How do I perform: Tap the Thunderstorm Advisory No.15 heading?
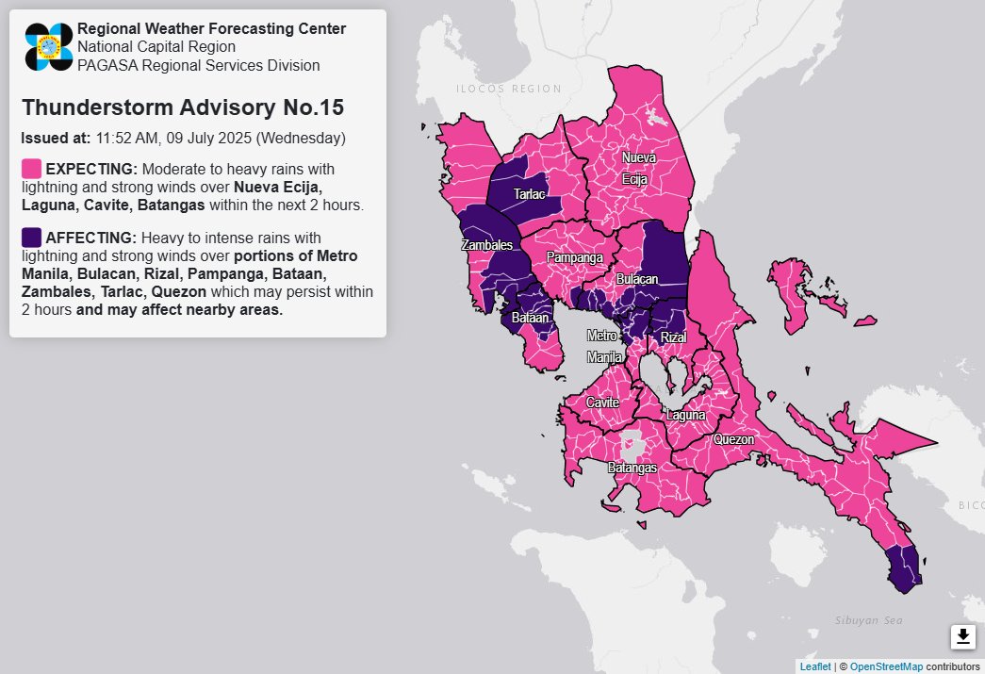182,107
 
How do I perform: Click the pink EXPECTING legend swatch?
31,169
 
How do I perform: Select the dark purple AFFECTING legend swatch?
31,236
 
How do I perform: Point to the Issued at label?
56,138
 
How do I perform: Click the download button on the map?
962,637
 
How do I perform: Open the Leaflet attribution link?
815,666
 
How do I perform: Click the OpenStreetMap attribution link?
886,666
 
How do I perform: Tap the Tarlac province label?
529,194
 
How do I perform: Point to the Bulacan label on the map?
637,280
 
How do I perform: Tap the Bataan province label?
529,320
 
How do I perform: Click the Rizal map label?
673,337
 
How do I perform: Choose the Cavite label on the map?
602,403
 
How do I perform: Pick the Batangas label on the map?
631,467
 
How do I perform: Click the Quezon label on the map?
733,439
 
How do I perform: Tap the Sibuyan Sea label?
868,620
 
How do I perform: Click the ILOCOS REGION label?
508,89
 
